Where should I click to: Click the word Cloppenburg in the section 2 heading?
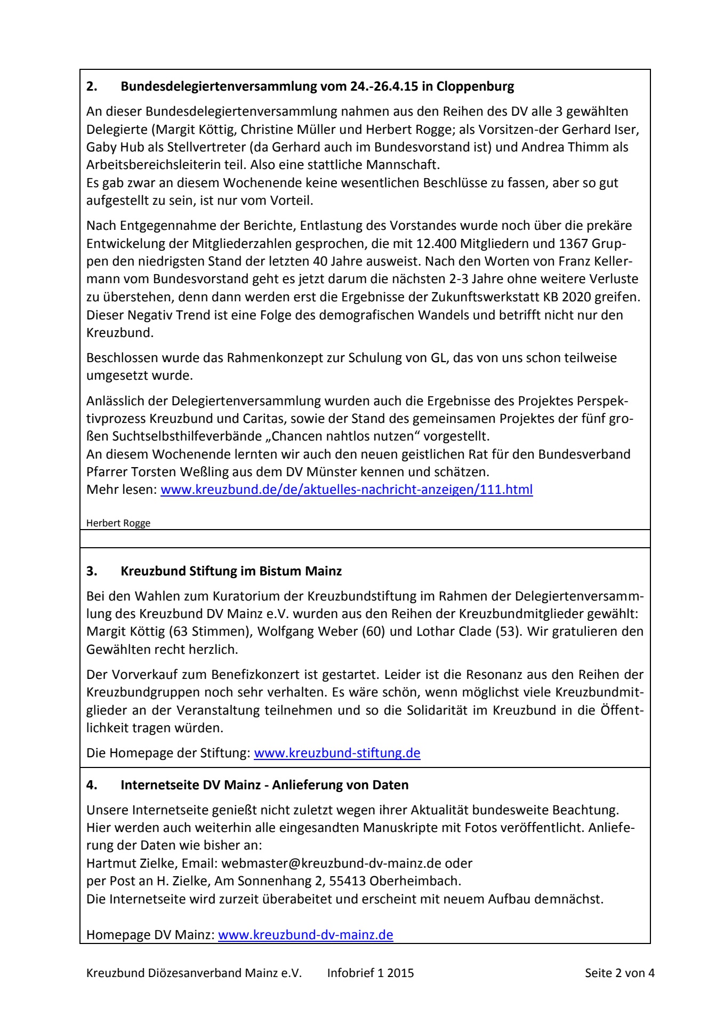pyautogui.click(x=475, y=86)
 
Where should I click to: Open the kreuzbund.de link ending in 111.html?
pyautogui.click(x=347, y=490)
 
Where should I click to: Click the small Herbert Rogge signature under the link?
pyautogui.click(x=118, y=523)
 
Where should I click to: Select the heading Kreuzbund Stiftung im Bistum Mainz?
pyautogui.click(x=231, y=571)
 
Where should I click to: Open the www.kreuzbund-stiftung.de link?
pyautogui.click(x=337, y=753)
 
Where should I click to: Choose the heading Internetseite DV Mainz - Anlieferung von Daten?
pyautogui.click(x=264, y=785)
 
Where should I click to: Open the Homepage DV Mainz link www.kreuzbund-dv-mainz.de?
pyautogui.click(x=305, y=935)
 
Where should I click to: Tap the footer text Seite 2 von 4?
pyautogui.click(x=620, y=973)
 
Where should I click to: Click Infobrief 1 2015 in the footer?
pyautogui.click(x=371, y=973)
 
